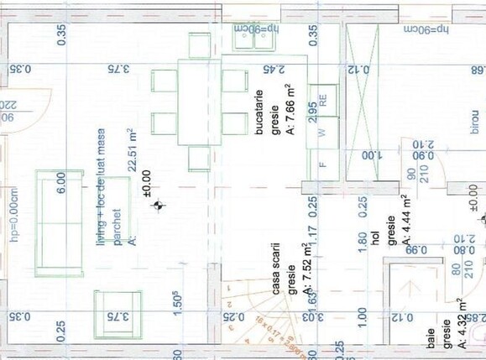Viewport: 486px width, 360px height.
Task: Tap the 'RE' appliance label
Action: coord(322,97)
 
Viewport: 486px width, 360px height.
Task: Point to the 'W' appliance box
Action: coord(321,132)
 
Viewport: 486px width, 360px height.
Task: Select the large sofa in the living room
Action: coord(60,222)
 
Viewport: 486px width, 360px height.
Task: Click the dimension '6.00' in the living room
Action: coord(61,184)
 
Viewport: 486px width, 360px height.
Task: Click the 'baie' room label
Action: coord(431,344)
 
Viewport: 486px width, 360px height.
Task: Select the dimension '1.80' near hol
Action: coord(362,241)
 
